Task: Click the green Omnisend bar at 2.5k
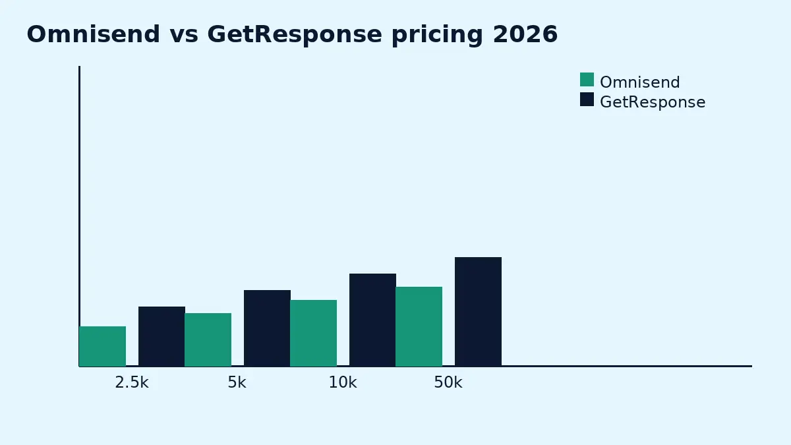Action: click(x=102, y=346)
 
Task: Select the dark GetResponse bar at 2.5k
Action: click(x=161, y=336)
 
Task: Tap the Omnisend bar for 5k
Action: click(x=208, y=340)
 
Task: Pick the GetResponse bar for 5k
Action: click(x=267, y=328)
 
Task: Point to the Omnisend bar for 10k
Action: click(x=313, y=333)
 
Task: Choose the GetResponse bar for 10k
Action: click(x=372, y=320)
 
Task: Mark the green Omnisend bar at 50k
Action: click(x=419, y=326)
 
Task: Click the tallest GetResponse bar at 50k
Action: click(x=478, y=311)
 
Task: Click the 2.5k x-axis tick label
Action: click(x=132, y=383)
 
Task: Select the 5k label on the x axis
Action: click(x=237, y=383)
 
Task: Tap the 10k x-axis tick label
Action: click(x=343, y=383)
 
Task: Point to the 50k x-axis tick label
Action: click(x=448, y=383)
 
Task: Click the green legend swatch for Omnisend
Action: click(x=587, y=80)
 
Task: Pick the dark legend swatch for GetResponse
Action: click(x=587, y=100)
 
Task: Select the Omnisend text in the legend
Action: click(x=639, y=82)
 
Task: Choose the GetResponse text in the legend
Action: click(x=653, y=102)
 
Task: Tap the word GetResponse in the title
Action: click(x=295, y=34)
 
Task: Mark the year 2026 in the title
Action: click(x=525, y=34)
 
